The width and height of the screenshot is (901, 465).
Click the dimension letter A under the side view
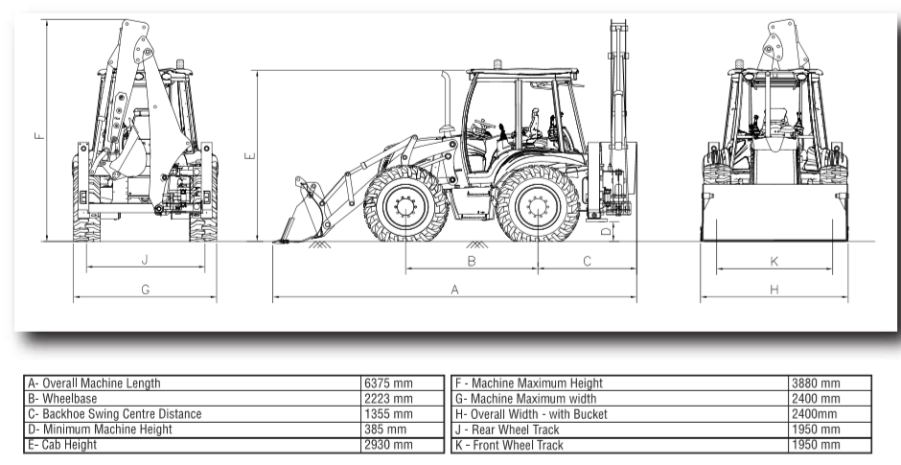[455, 289]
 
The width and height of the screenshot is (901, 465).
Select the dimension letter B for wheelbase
[472, 261]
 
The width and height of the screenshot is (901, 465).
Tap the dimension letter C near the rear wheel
[587, 261]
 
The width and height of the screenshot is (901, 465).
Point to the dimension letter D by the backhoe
[607, 231]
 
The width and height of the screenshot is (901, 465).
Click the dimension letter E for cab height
[249, 154]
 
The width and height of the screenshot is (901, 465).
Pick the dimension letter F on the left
[37, 135]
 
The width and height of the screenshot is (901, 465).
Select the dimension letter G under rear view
[145, 289]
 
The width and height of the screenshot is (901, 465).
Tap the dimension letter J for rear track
[145, 260]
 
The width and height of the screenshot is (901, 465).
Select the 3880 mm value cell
[815, 384]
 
